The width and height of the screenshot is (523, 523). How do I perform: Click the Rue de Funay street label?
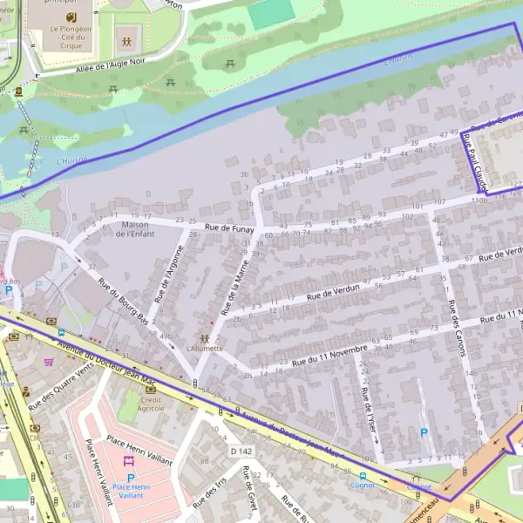click(x=229, y=228)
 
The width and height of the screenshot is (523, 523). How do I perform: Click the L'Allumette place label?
click(x=205, y=348)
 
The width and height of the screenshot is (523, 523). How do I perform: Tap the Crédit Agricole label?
click(x=152, y=403)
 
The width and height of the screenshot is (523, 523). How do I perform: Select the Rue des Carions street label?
click(x=454, y=328)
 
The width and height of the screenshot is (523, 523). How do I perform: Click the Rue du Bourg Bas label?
click(x=122, y=302)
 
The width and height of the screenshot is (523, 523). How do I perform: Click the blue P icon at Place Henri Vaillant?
click(x=131, y=479)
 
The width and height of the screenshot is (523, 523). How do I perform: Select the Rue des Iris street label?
click(x=209, y=494)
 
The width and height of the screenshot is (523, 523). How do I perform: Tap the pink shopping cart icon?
click(x=48, y=361)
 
